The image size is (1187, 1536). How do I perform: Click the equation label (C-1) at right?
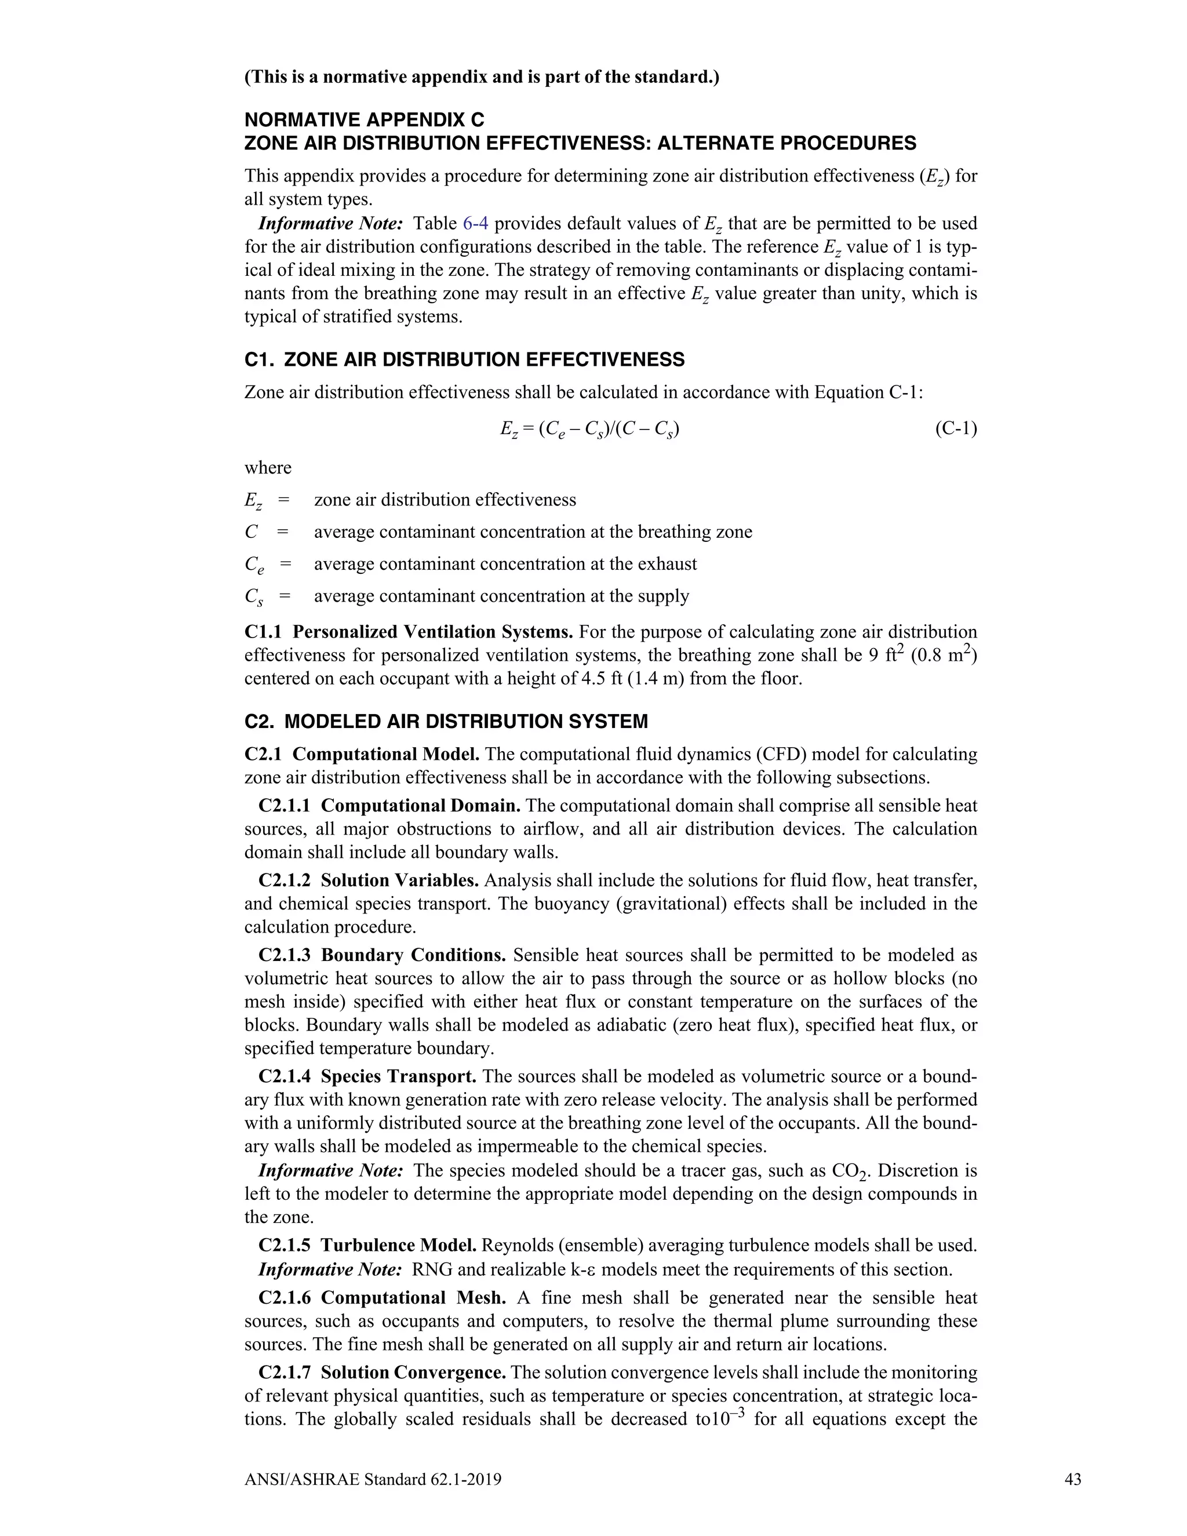click(956, 429)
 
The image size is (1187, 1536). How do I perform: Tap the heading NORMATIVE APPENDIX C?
click(363, 119)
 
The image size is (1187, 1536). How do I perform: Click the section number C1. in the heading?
click(260, 360)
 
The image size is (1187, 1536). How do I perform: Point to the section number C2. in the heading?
click(260, 722)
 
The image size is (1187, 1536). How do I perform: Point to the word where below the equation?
click(267, 468)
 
